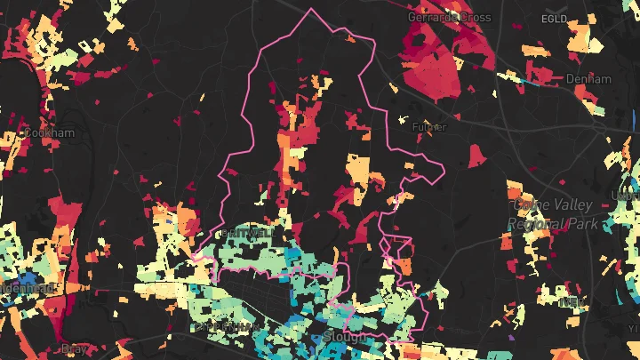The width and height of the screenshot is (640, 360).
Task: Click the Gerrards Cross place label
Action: pos(449,17)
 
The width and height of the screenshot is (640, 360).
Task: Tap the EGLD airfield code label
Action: pos(553,19)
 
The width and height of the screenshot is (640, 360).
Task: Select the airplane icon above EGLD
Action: pos(553,6)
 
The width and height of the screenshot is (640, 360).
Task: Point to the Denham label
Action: pos(588,79)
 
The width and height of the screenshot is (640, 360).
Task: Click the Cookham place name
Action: pos(51,132)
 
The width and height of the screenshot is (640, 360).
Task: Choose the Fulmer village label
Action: pos(429,127)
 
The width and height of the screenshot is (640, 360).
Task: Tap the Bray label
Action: pos(74,348)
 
